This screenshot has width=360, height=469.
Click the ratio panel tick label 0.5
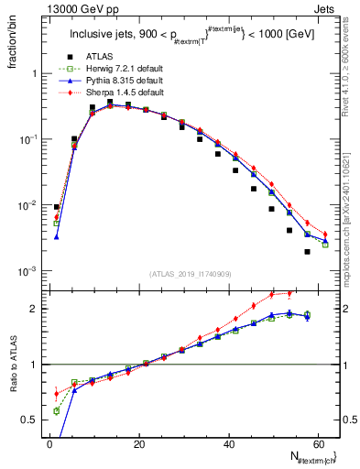click(31, 420)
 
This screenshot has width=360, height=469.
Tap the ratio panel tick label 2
click(35, 309)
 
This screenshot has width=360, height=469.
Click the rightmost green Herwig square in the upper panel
click(324, 245)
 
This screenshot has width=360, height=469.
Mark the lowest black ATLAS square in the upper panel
click(307, 251)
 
